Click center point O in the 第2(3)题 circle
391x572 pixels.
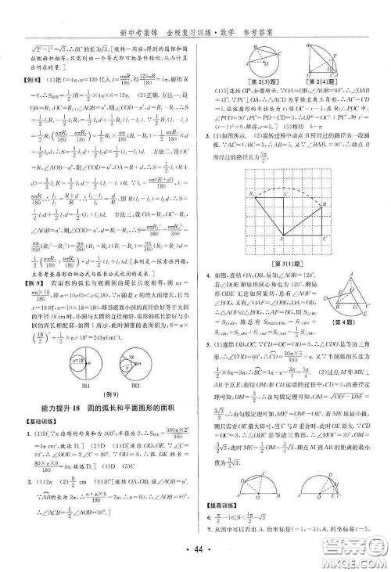253,49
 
